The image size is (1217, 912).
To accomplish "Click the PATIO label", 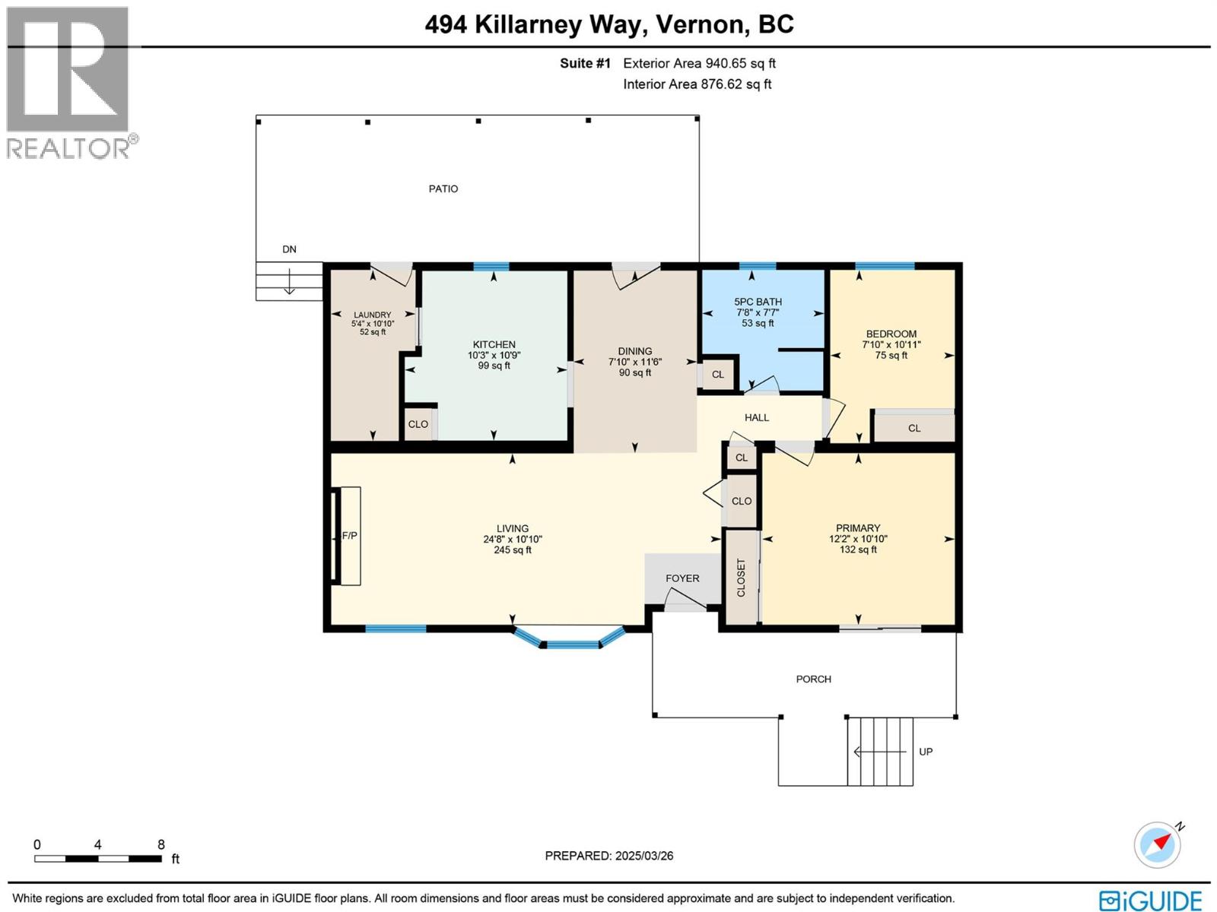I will point(443,188).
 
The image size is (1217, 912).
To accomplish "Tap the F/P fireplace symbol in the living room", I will point(348,536).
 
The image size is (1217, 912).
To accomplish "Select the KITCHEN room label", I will point(494,344).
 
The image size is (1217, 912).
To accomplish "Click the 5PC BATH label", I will point(758,302).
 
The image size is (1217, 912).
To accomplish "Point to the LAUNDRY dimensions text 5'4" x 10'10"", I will point(372,324).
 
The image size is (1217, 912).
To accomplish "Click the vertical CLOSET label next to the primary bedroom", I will point(741,578).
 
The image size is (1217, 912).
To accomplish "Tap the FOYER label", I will point(682,578).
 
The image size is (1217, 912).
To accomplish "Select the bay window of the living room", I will point(570,643).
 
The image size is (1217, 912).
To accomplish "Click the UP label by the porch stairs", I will point(925,752).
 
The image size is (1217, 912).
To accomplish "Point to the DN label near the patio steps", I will point(289,249).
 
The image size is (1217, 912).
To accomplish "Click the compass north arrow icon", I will point(1158,844).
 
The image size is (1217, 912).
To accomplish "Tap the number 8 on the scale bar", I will point(161,844).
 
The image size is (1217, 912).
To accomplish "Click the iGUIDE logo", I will point(1149,901).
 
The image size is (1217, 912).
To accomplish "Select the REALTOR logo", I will point(70,84).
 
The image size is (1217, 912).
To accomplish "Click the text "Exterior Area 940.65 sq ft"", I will point(699,63).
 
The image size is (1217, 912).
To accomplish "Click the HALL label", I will point(756,417).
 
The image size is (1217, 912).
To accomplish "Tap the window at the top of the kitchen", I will point(491,266).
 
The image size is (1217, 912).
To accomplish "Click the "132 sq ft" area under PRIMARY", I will point(858,549).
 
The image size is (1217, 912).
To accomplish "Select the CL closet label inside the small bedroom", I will point(914,429).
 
